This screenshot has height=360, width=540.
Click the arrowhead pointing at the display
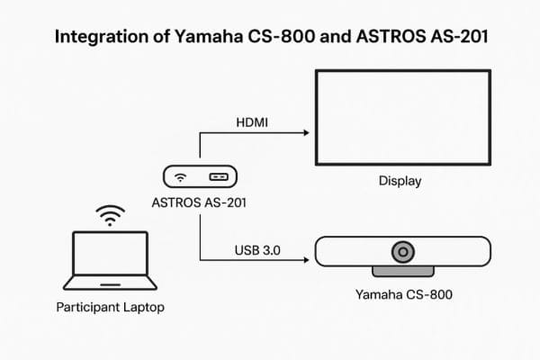[306, 133]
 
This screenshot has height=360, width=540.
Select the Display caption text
[400, 181]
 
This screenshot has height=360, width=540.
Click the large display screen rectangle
[400, 118]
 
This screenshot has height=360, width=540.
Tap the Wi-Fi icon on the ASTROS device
[181, 176]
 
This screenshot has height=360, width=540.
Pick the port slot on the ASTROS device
[218, 176]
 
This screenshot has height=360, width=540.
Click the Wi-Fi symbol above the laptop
[110, 216]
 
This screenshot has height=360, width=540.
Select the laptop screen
[110, 255]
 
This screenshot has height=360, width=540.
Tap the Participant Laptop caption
[110, 308]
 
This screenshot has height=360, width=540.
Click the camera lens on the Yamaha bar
[401, 251]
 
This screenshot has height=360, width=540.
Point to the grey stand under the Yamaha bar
[401, 271]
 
